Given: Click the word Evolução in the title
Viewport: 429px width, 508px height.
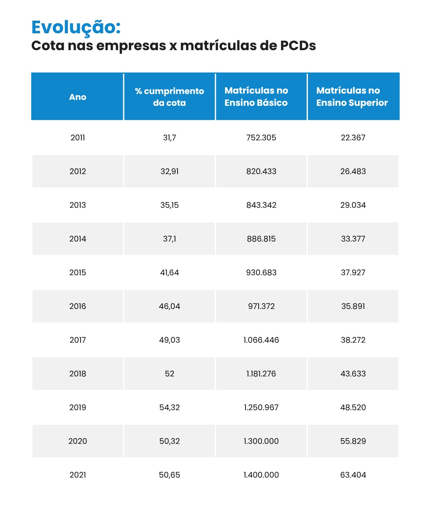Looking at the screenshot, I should tap(76, 28).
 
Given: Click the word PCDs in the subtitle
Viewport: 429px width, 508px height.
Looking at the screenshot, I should tap(298, 46).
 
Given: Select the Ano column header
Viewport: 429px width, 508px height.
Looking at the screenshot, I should tap(78, 97).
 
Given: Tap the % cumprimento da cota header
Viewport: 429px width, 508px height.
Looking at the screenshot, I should tap(170, 97).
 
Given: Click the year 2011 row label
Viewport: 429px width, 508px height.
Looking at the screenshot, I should tap(78, 138).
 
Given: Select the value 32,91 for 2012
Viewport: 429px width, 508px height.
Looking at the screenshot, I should tap(170, 172).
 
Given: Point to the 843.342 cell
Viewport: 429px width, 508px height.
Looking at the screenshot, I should tap(261, 205).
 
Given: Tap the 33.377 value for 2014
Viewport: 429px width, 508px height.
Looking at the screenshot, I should tap(353, 239).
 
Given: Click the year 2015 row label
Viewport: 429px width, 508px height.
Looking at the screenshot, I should tap(78, 273).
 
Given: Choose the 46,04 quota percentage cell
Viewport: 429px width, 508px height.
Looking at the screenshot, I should tap(170, 306).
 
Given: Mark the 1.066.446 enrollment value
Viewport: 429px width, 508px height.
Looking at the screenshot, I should tap(261, 340).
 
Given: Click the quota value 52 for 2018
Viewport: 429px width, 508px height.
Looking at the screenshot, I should tap(170, 374).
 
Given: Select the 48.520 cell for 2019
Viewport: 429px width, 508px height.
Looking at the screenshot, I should tap(353, 408).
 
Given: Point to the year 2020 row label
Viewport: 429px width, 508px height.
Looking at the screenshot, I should tap(78, 441).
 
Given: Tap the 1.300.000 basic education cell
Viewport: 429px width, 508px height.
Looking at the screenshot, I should tap(261, 441).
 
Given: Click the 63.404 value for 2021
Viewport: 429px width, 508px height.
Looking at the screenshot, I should tap(353, 475).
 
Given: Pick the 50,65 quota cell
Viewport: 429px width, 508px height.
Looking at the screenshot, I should tap(170, 475).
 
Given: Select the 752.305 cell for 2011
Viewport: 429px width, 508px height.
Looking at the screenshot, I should tap(261, 138).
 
